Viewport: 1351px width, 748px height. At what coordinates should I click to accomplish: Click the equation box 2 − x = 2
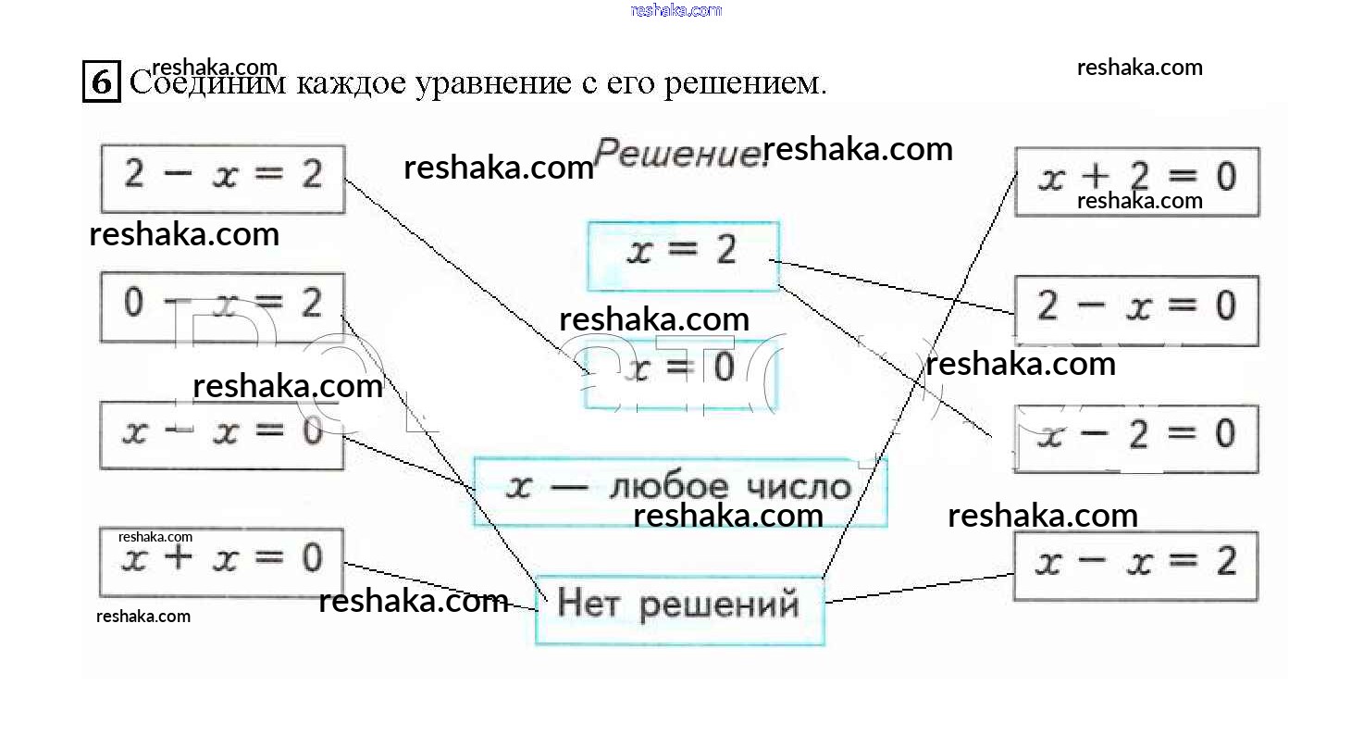point(222,179)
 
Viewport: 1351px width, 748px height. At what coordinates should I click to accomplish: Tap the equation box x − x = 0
point(222,434)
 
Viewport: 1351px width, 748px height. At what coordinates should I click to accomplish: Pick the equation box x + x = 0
point(222,561)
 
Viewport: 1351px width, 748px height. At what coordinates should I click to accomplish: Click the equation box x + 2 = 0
point(1136,181)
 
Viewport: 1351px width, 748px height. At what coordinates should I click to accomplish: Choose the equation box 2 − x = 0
point(1136,310)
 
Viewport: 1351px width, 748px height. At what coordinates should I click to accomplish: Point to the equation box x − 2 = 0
point(1136,438)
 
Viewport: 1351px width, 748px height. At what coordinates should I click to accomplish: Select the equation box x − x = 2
point(1136,566)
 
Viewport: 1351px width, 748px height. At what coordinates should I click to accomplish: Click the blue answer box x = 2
point(683,256)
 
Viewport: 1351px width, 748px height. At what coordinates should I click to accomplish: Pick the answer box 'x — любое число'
point(680,491)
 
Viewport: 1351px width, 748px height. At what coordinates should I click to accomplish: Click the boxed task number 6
point(102,81)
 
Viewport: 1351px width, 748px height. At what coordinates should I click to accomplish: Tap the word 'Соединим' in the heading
point(209,83)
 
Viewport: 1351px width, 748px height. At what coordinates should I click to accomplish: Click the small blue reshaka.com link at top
point(675,10)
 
